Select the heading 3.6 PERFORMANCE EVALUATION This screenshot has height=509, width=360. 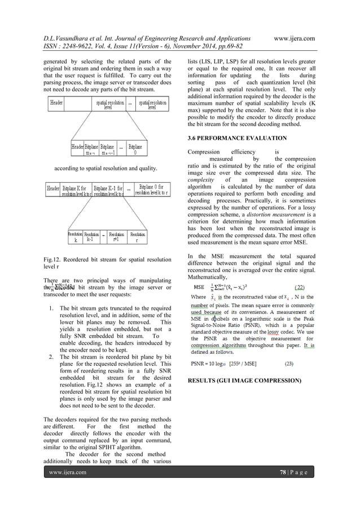(234, 138)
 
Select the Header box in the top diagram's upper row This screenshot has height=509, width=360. (57, 103)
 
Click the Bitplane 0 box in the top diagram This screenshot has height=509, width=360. (135, 149)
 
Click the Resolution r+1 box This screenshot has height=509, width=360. (116, 236)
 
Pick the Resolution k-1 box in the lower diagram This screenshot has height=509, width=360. (92, 236)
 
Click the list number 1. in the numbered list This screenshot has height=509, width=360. (51, 309)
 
